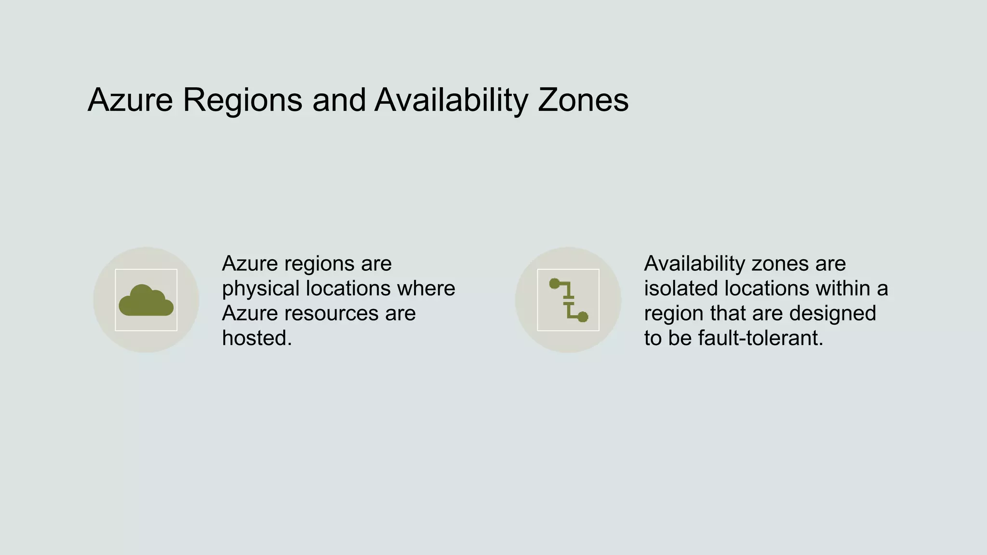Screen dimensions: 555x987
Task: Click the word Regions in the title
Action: tap(242, 100)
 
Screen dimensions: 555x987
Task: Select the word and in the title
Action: tap(339, 100)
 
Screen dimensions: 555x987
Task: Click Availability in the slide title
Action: tap(451, 100)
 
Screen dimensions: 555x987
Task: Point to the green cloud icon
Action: tap(146, 301)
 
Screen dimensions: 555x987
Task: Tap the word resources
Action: tap(331, 313)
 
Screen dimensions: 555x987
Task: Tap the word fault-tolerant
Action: tap(760, 338)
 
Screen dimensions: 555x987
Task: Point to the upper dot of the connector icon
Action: tap(555, 284)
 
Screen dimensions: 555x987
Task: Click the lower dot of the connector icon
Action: tap(583, 317)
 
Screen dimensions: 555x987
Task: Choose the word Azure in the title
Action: tap(130, 100)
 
